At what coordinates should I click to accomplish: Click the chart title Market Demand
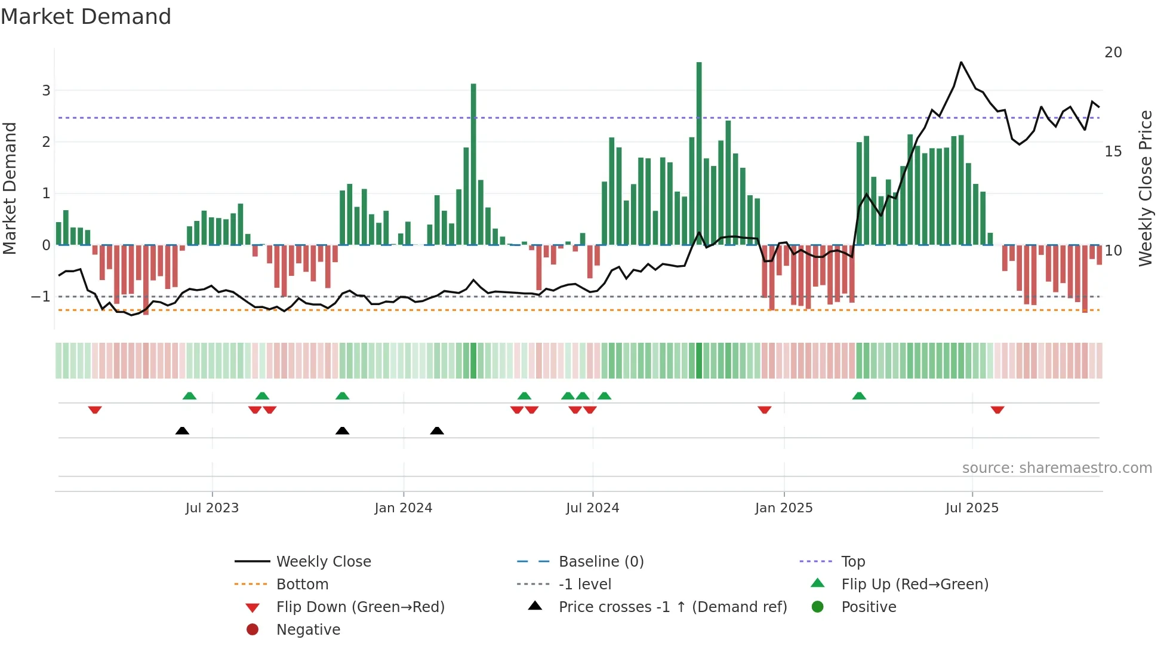(86, 17)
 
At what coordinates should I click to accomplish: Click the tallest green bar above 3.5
(699, 149)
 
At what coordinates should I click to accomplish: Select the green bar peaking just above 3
(473, 161)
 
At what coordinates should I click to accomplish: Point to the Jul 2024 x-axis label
(592, 508)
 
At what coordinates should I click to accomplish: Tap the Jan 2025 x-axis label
(783, 508)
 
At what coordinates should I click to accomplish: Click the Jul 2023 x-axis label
(212, 508)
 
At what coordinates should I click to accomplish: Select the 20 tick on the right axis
(1113, 53)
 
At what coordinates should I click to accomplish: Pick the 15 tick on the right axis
(1113, 152)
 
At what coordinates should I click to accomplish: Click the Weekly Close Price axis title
(1145, 188)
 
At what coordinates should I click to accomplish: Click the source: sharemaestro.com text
(1057, 468)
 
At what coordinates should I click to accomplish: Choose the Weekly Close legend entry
(323, 562)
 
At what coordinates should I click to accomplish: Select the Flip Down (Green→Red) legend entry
(360, 607)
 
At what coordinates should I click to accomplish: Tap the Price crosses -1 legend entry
(672, 607)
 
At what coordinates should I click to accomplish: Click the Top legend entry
(852, 562)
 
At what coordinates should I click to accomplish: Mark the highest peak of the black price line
(961, 62)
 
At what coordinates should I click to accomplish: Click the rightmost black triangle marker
(437, 431)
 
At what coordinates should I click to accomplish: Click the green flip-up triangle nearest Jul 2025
(859, 396)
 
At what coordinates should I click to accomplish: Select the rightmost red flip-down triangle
(997, 410)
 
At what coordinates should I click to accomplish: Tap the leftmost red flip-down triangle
(95, 410)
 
